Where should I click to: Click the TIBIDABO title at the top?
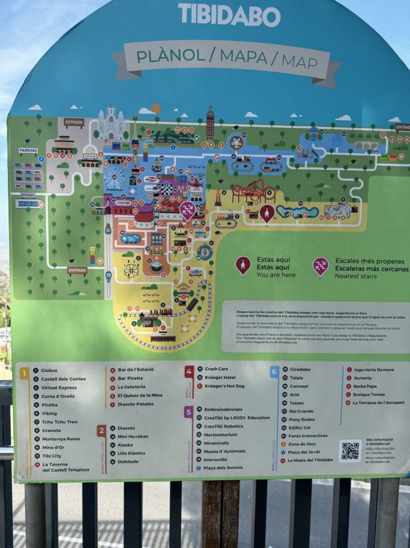[229, 14]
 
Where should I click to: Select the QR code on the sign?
[350, 451]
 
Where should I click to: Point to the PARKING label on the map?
[28, 150]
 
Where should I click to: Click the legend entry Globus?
[49, 370]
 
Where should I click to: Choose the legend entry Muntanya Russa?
[60, 439]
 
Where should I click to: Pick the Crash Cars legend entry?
[216, 369]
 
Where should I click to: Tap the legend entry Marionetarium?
[221, 435]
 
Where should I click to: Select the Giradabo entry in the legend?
[300, 369]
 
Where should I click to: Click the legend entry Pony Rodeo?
[302, 419]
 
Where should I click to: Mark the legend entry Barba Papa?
[365, 386]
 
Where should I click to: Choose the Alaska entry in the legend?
[125, 445]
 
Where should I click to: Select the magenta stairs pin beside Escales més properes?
[321, 265]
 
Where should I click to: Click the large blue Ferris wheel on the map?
[113, 179]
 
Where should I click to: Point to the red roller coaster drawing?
[254, 191]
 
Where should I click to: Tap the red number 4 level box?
[189, 371]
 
